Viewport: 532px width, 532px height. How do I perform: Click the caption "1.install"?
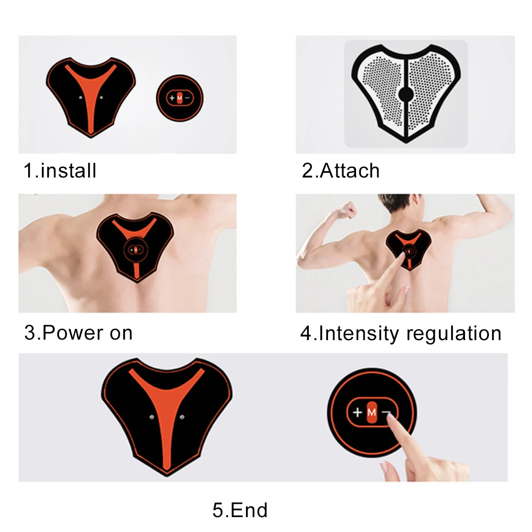[x=60, y=171]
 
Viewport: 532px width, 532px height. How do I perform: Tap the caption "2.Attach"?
[x=341, y=171]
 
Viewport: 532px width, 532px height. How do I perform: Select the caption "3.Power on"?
[x=78, y=333]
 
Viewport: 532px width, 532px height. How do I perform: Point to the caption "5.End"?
[x=240, y=510]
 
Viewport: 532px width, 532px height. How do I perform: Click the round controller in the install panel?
[x=180, y=98]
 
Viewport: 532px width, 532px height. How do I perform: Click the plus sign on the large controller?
[x=357, y=412]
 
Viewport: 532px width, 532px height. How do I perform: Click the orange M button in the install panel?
[x=180, y=98]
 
